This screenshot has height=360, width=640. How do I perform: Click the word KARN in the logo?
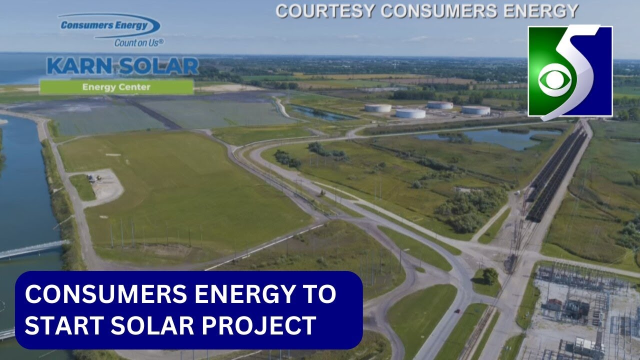click(75, 66)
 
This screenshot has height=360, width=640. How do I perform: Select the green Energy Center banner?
click(116, 87)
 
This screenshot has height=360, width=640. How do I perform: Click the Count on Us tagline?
click(139, 43)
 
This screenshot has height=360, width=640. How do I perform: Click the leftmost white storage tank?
click(377, 107)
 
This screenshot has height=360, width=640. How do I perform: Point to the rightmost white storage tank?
click(475, 110)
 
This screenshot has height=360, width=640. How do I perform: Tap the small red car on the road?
click(456, 311)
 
